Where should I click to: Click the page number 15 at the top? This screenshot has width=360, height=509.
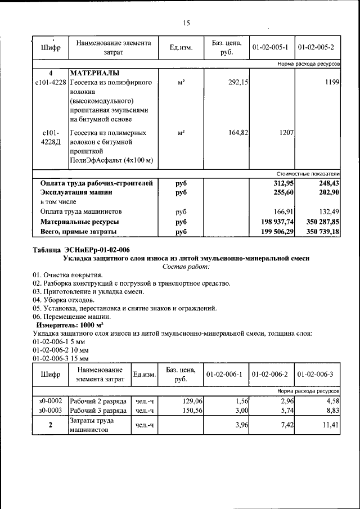point(187,23)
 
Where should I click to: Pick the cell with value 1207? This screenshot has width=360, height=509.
point(283,133)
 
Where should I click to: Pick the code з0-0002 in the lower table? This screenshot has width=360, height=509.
point(51,400)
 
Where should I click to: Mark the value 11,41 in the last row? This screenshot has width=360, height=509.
point(329,426)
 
